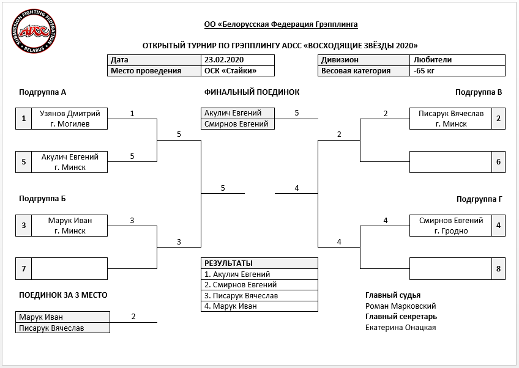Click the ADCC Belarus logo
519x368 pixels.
click(34, 31)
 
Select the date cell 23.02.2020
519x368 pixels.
click(237, 60)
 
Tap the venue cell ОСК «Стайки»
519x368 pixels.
click(237, 71)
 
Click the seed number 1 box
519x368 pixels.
click(23, 119)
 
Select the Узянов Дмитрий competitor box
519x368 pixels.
click(70, 119)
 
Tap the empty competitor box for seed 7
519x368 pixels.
click(70, 269)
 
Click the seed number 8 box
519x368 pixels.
click(498, 269)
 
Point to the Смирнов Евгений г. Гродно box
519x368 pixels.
click(451, 226)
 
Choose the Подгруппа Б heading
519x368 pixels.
click(42, 199)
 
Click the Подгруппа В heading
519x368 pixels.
click(479, 92)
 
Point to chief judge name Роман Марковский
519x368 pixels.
click(400, 306)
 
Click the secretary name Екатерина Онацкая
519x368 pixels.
click(400, 327)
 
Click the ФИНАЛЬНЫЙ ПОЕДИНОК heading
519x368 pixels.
click(252, 92)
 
